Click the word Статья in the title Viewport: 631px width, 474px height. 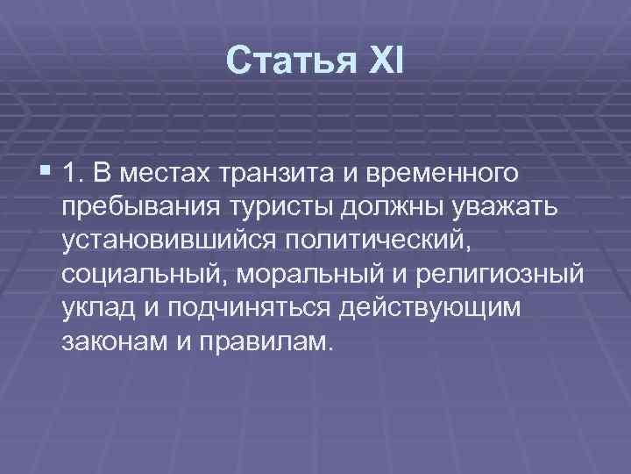click(x=280, y=61)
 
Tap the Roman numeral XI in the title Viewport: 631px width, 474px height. click(x=379, y=61)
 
